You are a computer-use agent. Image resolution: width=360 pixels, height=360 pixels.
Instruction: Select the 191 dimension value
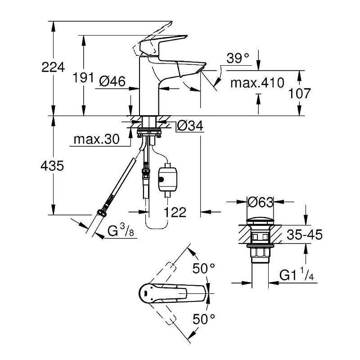point(83,77)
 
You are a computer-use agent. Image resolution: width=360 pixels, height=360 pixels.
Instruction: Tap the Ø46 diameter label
point(112,81)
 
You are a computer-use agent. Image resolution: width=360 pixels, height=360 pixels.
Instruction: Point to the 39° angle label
point(238,58)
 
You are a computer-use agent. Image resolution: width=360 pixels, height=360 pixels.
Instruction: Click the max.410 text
point(257,83)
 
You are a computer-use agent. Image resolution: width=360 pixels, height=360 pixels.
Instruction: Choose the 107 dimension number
point(299,94)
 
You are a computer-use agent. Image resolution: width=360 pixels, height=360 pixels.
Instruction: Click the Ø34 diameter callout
point(190,126)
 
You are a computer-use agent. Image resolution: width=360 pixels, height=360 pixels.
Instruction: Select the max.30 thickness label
point(96,139)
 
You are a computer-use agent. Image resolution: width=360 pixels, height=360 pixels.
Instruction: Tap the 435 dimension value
point(52,166)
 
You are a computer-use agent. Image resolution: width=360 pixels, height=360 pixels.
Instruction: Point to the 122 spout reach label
point(175,212)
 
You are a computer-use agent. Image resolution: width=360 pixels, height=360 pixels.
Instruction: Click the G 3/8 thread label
point(121,230)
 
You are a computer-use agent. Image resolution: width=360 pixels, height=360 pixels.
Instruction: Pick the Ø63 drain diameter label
point(261,202)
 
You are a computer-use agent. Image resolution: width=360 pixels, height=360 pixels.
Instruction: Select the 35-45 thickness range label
point(305,234)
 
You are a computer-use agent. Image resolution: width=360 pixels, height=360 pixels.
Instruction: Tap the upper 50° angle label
point(204,268)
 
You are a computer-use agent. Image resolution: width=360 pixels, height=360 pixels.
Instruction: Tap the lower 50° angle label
point(204,319)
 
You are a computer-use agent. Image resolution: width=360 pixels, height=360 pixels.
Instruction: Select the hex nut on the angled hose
point(102,212)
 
